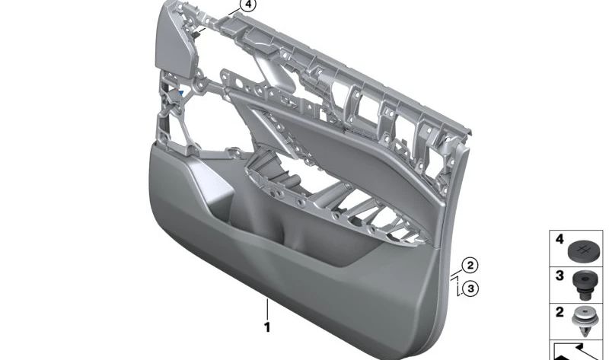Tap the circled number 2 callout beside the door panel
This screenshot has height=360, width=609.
(470, 266)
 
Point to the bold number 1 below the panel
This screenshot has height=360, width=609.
(267, 328)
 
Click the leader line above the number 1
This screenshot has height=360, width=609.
(267, 311)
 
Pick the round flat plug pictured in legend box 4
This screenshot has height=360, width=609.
(583, 248)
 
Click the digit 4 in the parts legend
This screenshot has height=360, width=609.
(559, 239)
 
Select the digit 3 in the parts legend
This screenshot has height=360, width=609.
(559, 275)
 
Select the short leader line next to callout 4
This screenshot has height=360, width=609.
(232, 12)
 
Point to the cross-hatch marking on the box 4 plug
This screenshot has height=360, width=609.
(583, 247)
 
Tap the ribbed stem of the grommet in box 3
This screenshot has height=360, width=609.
(583, 290)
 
